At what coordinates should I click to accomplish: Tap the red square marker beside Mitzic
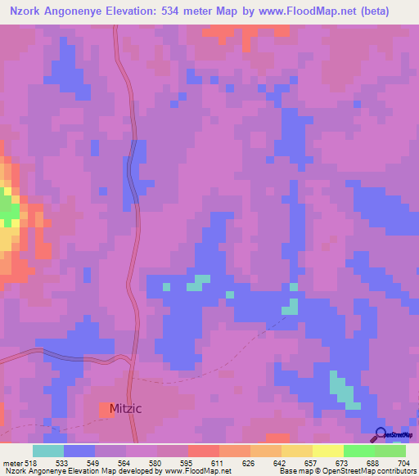[x=107, y=408]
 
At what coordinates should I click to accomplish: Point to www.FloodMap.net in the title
[x=307, y=11]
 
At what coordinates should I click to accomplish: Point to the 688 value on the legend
[x=373, y=462]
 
